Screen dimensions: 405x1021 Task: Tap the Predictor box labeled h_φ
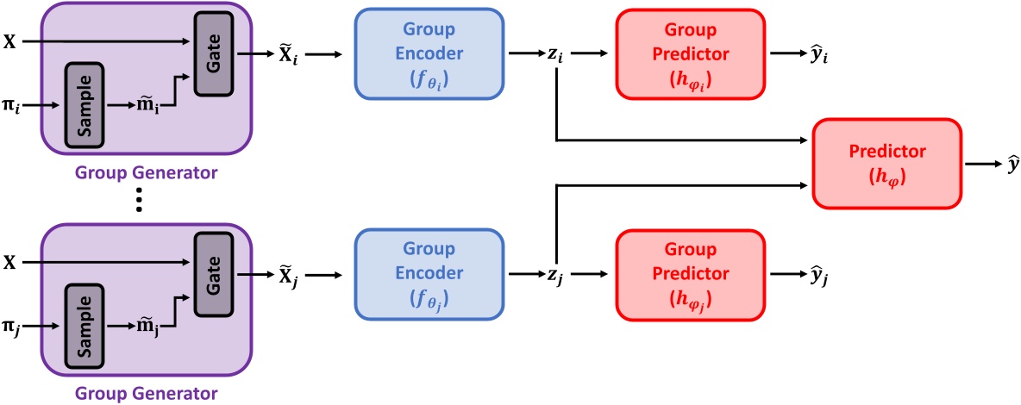pos(886,161)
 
